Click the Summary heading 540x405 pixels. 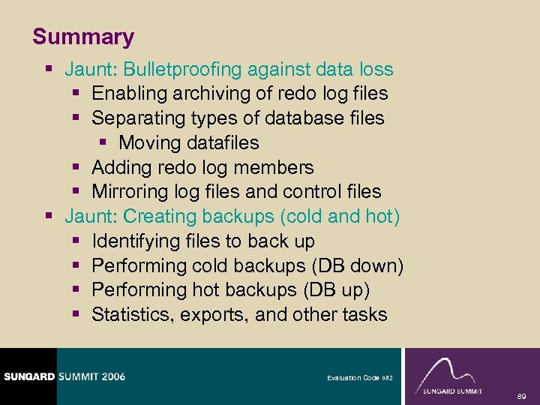click(83, 37)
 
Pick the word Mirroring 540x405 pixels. click(132, 192)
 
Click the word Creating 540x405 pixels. click(157, 217)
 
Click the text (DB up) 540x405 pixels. click(335, 290)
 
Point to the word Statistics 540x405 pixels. click(133, 315)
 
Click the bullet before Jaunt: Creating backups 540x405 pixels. click(49, 217)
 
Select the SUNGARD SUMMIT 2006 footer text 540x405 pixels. click(63, 376)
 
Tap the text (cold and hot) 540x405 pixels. click(340, 217)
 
